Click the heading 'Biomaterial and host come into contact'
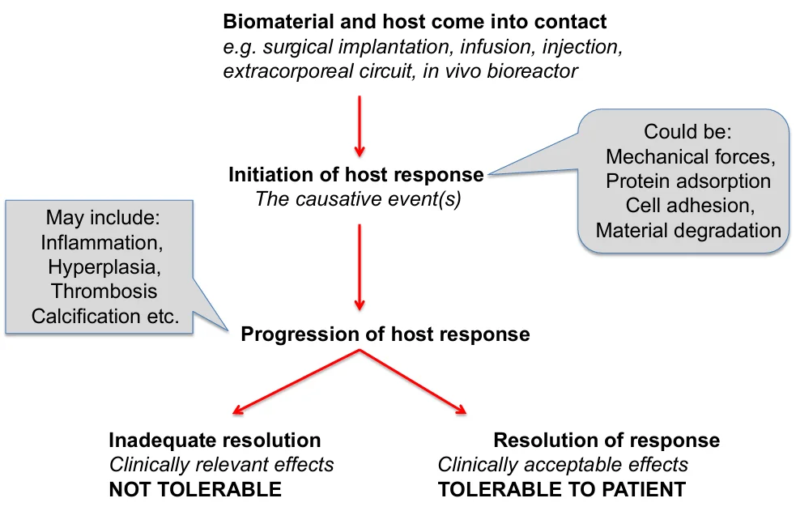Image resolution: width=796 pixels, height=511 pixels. pyautogui.click(x=415, y=21)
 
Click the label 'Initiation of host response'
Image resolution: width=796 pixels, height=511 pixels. pyautogui.click(x=356, y=175)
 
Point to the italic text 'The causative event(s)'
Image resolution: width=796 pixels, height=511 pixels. pyautogui.click(x=358, y=199)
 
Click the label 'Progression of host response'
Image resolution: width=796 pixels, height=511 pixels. pyautogui.click(x=385, y=334)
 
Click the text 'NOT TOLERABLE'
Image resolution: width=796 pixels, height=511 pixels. pyautogui.click(x=195, y=489)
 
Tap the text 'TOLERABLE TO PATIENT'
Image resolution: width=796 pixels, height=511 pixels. pyautogui.click(x=562, y=489)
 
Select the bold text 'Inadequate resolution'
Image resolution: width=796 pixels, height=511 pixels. pyautogui.click(x=215, y=441)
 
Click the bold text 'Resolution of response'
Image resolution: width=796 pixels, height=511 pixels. pyautogui.click(x=607, y=441)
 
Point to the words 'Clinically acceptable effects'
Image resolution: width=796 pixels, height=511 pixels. pyautogui.click(x=563, y=465)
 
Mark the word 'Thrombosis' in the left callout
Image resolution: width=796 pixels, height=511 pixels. pyautogui.click(x=104, y=291)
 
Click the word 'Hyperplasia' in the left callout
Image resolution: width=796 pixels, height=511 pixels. pyautogui.click(x=104, y=266)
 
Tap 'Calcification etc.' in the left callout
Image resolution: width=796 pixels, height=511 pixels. pyautogui.click(x=104, y=316)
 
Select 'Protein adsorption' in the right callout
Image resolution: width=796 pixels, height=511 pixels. pyautogui.click(x=688, y=181)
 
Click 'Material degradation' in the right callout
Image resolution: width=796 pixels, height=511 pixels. pyautogui.click(x=688, y=231)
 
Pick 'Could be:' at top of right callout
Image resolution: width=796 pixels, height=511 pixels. pyautogui.click(x=687, y=132)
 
